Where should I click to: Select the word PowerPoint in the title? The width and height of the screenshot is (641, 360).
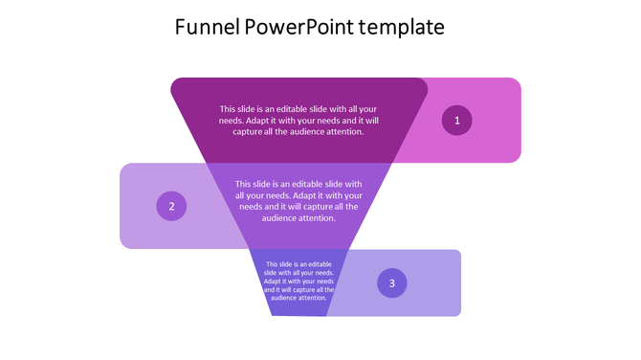pyautogui.click(x=298, y=27)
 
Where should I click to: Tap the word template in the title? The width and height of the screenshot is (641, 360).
pyautogui.click(x=401, y=27)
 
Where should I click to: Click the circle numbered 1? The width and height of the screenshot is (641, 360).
pyautogui.click(x=456, y=120)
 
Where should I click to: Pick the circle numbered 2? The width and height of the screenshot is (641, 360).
pyautogui.click(x=171, y=206)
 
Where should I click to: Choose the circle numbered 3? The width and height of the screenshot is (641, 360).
pyautogui.click(x=391, y=282)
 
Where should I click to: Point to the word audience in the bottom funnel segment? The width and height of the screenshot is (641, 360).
pyautogui.click(x=286, y=298)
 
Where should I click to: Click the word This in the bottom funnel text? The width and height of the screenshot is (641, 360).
pyautogui.click(x=273, y=264)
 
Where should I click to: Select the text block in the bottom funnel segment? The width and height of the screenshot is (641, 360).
pyautogui.click(x=299, y=281)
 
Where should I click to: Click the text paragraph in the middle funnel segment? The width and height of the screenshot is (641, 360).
pyautogui.click(x=298, y=200)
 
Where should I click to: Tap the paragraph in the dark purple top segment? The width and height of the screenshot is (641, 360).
pyautogui.click(x=298, y=121)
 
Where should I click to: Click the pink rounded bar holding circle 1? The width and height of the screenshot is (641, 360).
pyautogui.click(x=488, y=144)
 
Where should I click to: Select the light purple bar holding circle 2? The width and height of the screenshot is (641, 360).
pyautogui.click(x=144, y=230)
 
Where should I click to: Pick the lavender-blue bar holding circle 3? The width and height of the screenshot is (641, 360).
pyautogui.click(x=431, y=302)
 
